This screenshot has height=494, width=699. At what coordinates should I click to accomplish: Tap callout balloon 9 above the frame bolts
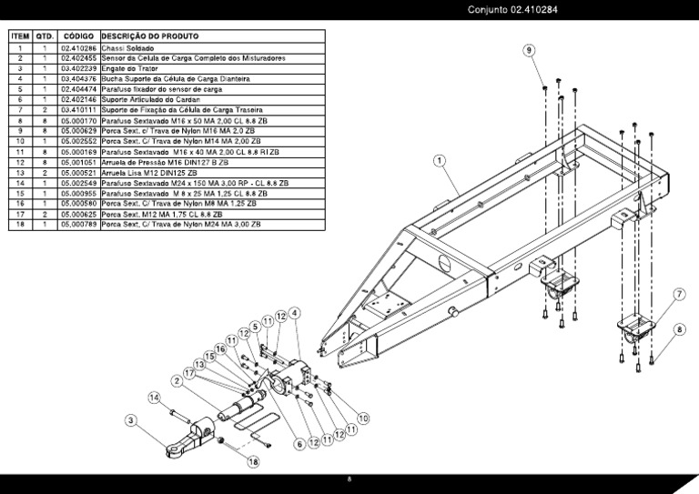(x=529, y=50)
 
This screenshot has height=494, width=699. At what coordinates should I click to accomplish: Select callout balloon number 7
(x=678, y=293)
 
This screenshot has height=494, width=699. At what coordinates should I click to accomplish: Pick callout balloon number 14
(x=155, y=398)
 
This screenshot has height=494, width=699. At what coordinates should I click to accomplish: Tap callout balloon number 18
(x=252, y=461)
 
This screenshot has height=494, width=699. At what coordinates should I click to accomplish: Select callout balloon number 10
(x=362, y=418)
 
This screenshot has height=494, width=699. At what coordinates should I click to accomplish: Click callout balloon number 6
(x=298, y=444)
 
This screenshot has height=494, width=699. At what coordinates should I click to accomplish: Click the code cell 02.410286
(x=78, y=47)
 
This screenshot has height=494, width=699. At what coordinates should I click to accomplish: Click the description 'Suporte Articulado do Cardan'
(x=150, y=99)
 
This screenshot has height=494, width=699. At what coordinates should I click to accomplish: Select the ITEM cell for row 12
(x=20, y=162)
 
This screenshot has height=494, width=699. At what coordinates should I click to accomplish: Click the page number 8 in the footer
(x=349, y=480)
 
